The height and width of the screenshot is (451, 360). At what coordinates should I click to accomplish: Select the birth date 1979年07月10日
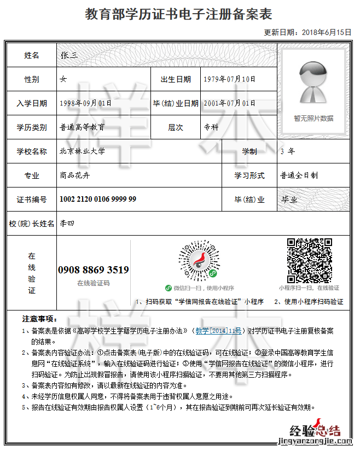pyautogui.click(x=229, y=79)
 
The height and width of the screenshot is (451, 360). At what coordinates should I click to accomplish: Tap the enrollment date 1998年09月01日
pyautogui.click(x=85, y=103)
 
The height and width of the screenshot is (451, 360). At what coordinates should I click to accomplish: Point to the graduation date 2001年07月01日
pyautogui.click(x=229, y=103)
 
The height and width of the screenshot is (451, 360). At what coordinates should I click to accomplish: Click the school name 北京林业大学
pyautogui.click(x=82, y=151)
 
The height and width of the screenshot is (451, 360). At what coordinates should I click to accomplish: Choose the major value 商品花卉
pyautogui.click(x=74, y=175)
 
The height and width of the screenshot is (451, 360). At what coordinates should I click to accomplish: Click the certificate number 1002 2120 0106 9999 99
pyautogui.click(x=98, y=200)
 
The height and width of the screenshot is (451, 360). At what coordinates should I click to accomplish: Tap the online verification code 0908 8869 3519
pyautogui.click(x=94, y=270)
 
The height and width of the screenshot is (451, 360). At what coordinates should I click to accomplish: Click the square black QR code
pyautogui.click(x=310, y=260)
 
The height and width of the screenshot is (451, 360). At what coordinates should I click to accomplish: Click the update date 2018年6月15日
pyautogui.click(x=326, y=32)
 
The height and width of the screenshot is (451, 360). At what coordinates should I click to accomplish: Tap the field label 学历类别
pyautogui.click(x=32, y=127)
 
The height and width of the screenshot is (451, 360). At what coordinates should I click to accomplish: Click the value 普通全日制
pyautogui.click(x=299, y=175)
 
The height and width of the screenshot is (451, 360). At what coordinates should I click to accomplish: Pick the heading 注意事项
pyautogui.click(x=39, y=319)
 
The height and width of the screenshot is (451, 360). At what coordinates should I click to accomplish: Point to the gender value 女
pyautogui.click(x=63, y=79)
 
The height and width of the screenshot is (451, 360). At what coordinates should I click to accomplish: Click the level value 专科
pyautogui.click(x=211, y=127)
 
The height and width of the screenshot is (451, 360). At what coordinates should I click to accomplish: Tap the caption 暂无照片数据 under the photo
pyautogui.click(x=313, y=118)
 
